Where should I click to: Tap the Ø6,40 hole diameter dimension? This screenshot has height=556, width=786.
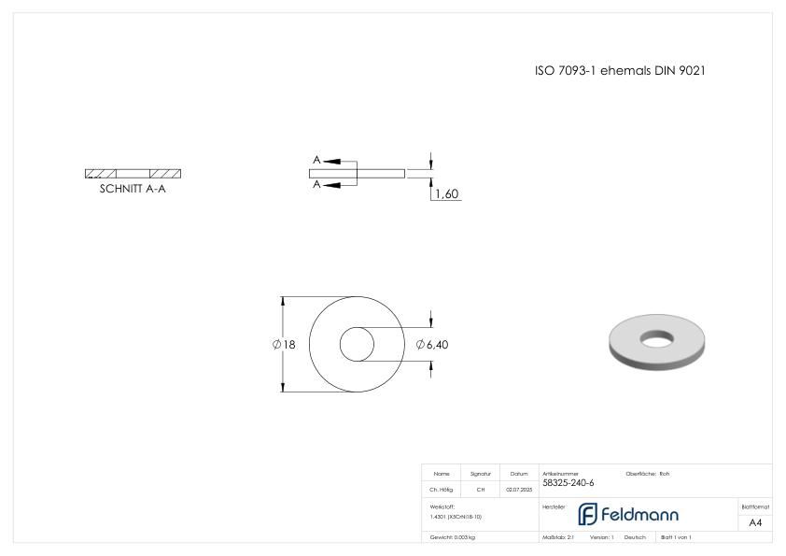point(433,345)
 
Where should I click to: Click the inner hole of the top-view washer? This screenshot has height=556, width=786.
point(355,345)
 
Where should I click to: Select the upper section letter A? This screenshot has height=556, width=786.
point(317,161)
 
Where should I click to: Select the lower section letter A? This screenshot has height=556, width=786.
point(317,185)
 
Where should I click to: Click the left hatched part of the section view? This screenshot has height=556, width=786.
point(101,174)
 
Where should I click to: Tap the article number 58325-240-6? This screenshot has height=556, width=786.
point(568,483)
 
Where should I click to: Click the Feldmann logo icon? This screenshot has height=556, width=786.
point(588,514)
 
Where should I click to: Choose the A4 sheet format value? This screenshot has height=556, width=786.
point(755,522)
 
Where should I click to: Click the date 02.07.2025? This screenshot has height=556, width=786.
point(518,489)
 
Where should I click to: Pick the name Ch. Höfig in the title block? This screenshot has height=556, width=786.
point(441,489)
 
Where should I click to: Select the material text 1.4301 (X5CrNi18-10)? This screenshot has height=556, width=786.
point(456,516)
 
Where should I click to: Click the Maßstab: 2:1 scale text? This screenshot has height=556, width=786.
point(558,537)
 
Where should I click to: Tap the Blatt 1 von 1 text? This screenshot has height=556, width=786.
point(676,537)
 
